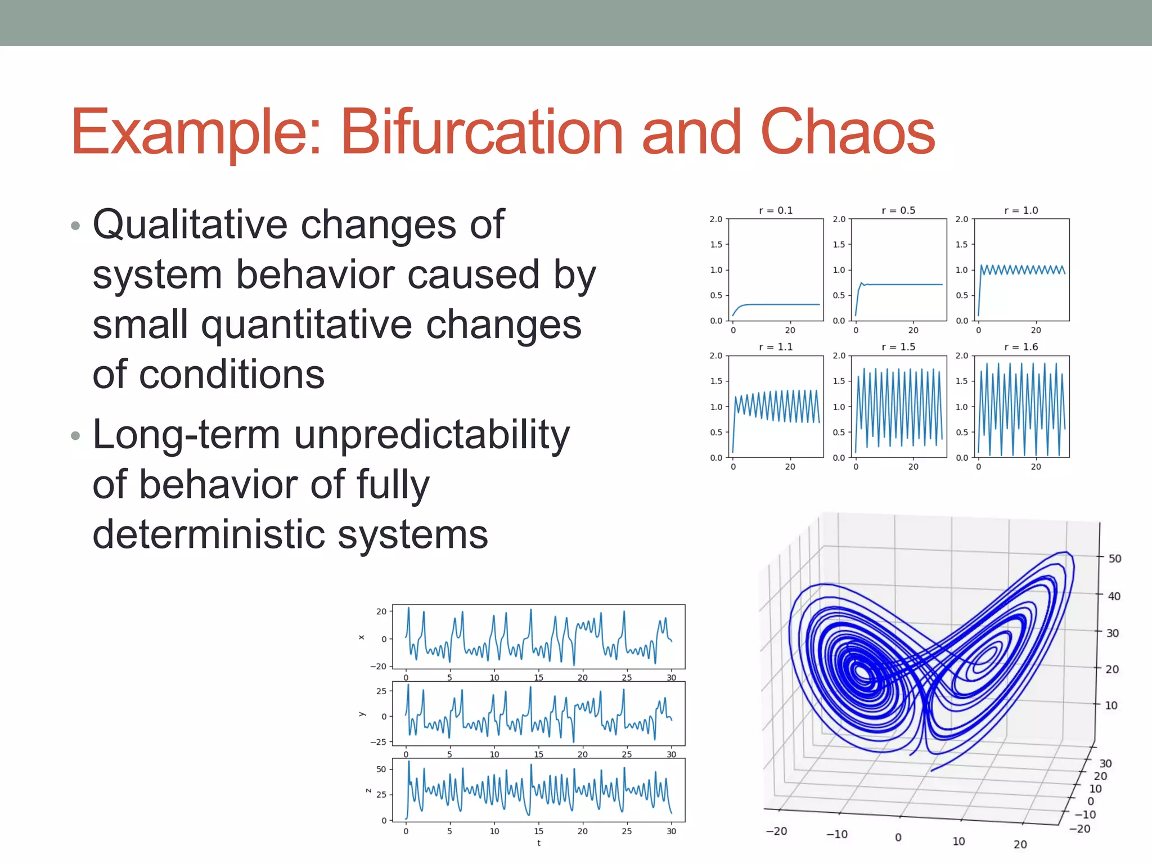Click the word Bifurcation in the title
(481, 132)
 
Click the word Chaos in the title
(847, 132)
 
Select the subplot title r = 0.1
(776, 210)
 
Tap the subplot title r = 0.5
(898, 210)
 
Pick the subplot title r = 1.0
(1021, 210)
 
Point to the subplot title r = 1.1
(776, 347)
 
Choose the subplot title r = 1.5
(898, 347)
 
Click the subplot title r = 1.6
(1021, 347)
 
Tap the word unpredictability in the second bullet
(431, 435)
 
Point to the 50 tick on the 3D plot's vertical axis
(1114, 559)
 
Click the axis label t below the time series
(538, 843)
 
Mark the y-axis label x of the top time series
(362, 637)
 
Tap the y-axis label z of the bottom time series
(368, 790)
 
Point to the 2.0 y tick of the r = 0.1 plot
(715, 219)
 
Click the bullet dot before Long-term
(76, 436)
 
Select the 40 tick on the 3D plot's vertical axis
(1114, 596)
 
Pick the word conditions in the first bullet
(231, 375)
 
